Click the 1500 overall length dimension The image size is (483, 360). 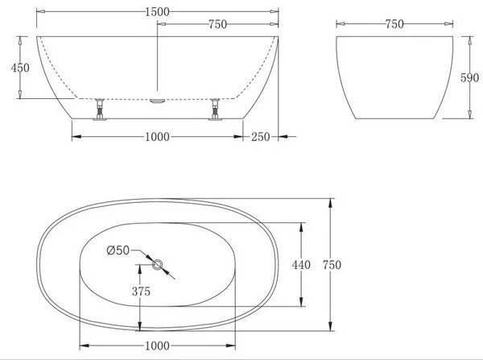coord(157,12)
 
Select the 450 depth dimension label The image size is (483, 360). coord(20,68)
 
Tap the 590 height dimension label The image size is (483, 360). coord(470,77)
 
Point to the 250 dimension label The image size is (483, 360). coord(260,137)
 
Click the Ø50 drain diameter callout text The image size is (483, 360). coord(118,250)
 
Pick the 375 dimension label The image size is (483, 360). coord(141,292)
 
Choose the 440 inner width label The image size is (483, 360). coord(301,265)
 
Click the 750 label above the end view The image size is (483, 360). coord(394,24)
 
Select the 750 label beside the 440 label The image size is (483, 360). coord(332,265)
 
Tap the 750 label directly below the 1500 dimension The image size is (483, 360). coord(218,24)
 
